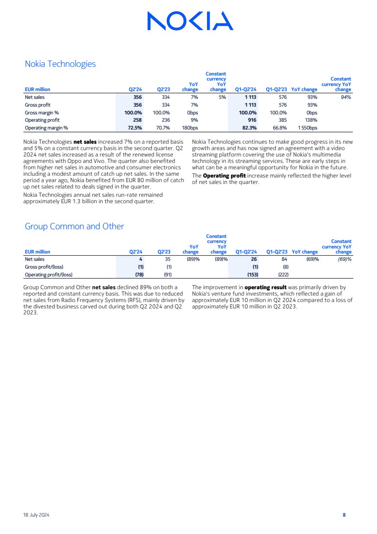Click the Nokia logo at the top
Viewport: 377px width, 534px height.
[x=190, y=21]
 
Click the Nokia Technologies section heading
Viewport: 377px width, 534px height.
[x=60, y=64]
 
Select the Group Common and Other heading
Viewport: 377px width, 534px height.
[x=74, y=227]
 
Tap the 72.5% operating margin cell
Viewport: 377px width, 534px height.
[x=135, y=128]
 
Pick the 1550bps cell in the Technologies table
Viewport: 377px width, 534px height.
[x=308, y=128]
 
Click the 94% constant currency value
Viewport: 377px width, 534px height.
[x=345, y=97]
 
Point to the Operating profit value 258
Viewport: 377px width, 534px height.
[x=137, y=120]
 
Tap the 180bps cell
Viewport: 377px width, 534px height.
[x=190, y=128]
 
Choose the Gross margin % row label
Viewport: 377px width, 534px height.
[x=42, y=113]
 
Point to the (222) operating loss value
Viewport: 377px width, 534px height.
[x=283, y=275]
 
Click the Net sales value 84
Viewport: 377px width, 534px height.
[x=284, y=259]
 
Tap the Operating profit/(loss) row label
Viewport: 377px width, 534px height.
[x=48, y=275]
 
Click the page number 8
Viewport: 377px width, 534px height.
[x=344, y=515]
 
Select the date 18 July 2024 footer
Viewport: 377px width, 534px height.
[x=37, y=515]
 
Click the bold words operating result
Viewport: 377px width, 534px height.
[x=265, y=288]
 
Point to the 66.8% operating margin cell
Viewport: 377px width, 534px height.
[x=280, y=128]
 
